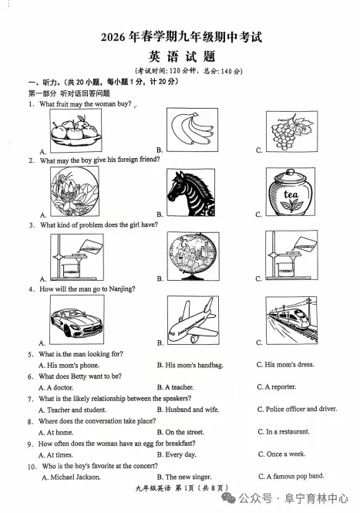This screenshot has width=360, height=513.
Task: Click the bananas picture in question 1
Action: click(x=192, y=130)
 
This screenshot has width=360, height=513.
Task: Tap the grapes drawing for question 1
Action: click(x=291, y=131)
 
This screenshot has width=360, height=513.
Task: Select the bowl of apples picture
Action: click(x=76, y=130)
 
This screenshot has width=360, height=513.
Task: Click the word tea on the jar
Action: click(x=291, y=194)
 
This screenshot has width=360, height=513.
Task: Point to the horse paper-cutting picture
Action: click(x=191, y=192)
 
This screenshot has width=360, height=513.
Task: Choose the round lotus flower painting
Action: click(x=75, y=191)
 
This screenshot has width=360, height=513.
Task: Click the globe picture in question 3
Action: click(x=193, y=256)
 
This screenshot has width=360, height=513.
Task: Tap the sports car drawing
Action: click(x=77, y=319)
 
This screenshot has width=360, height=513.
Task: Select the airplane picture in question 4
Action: click(x=193, y=320)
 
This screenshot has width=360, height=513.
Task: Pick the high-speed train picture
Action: click(x=291, y=320)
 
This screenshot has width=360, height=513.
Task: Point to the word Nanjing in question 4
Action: click(x=122, y=289)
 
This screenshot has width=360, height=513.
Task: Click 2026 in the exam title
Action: click(x=113, y=37)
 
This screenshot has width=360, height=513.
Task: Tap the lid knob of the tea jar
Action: click(x=290, y=172)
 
